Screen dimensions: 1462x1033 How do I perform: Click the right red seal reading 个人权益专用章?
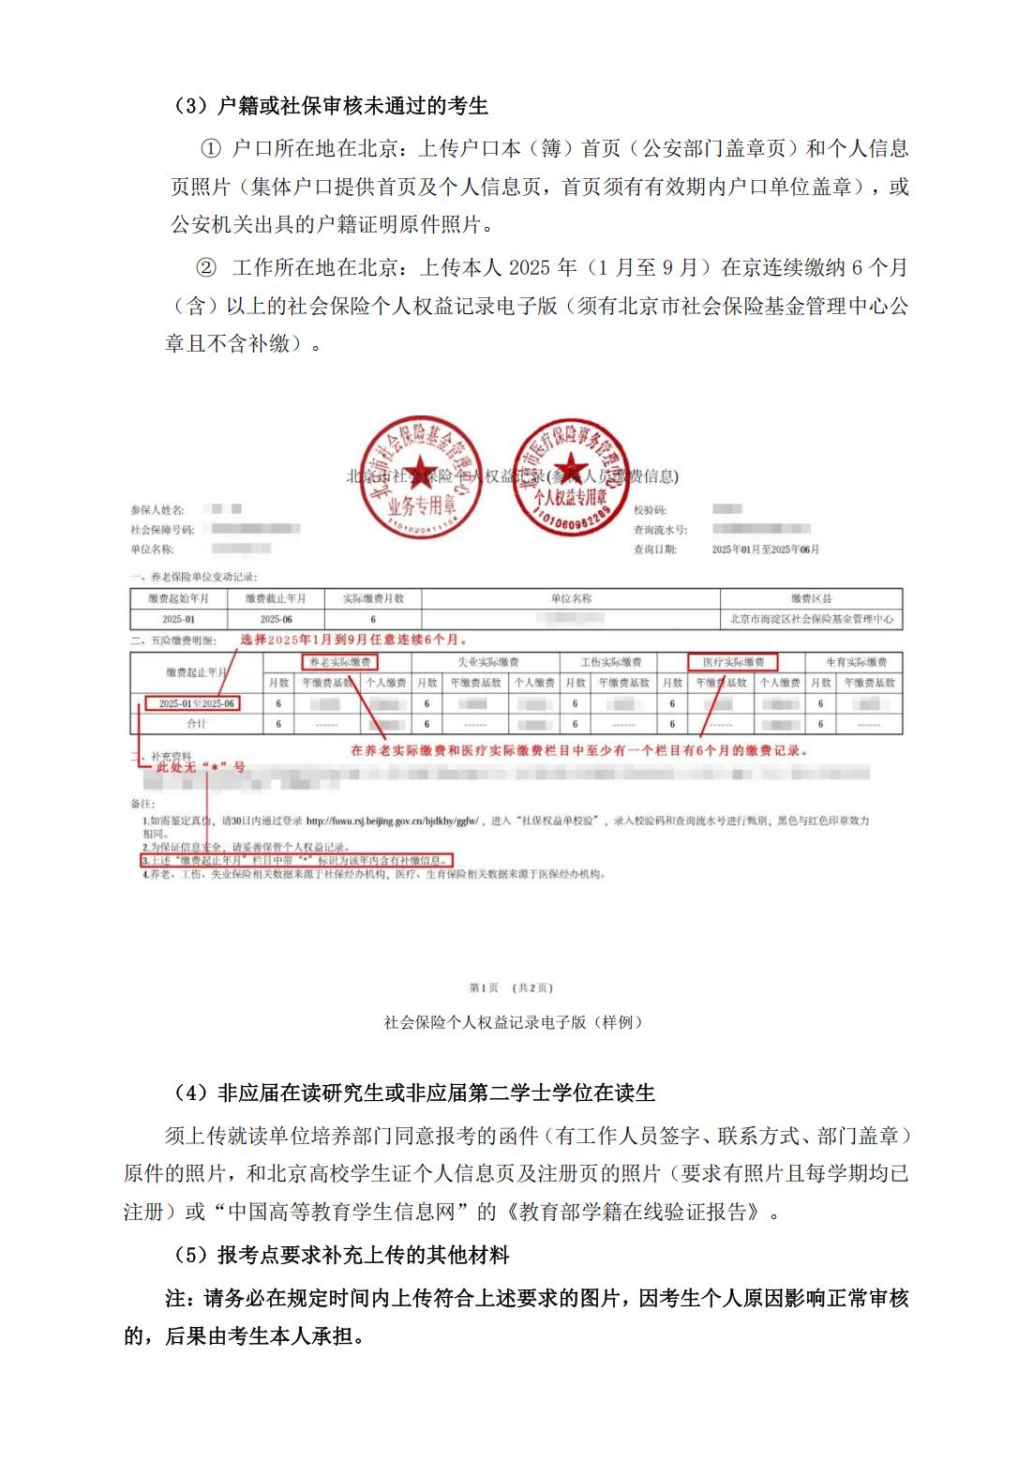coord(570,475)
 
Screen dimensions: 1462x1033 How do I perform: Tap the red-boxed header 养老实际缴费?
coord(340,662)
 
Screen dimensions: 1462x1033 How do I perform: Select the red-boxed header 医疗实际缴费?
coord(732,662)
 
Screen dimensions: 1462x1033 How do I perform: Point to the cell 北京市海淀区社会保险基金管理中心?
coord(811,619)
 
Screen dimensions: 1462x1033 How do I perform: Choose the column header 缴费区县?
coord(811,598)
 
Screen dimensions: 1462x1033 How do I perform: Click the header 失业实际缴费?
coord(487,662)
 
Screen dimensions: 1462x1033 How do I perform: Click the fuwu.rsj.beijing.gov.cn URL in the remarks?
coord(393,821)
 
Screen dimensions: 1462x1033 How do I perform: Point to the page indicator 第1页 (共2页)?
coord(511,987)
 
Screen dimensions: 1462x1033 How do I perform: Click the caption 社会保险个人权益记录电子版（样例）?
coord(515,1022)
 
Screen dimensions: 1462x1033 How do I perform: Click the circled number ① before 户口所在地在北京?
coord(211,149)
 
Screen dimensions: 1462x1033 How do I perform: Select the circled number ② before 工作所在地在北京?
coord(205,267)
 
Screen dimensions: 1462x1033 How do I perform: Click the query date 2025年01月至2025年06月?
coord(765,550)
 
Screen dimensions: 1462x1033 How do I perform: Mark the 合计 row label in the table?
coord(197,724)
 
